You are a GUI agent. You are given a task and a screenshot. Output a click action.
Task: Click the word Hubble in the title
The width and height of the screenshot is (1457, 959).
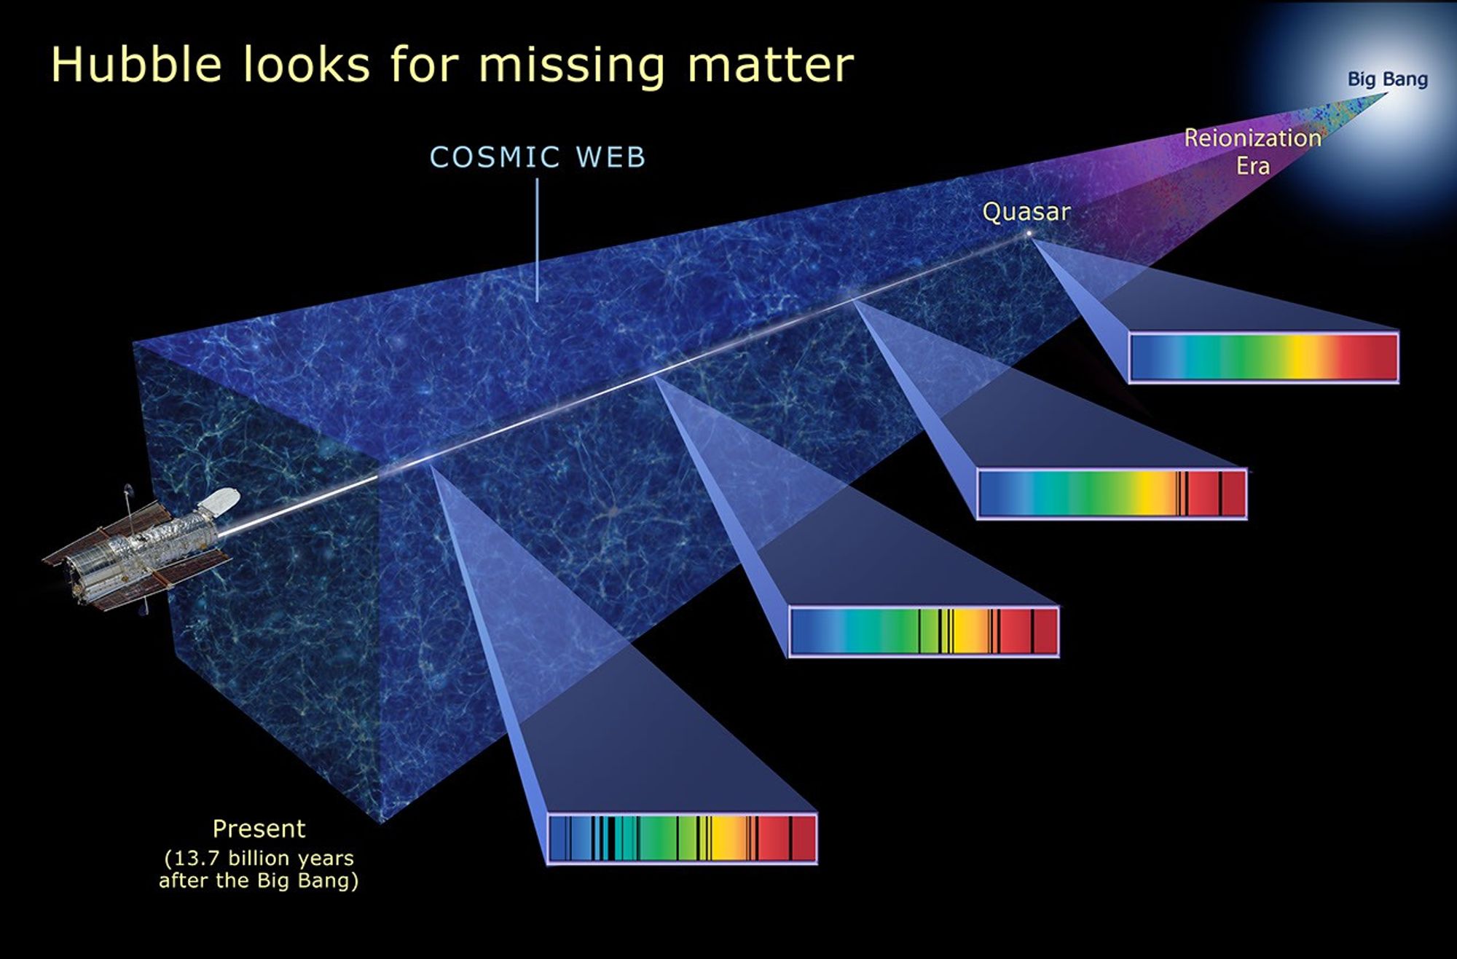coord(136,65)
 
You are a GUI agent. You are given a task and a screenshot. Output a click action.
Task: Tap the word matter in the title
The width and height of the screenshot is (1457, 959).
coord(770,65)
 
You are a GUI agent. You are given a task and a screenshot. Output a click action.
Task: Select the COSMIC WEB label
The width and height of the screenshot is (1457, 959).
coord(538,157)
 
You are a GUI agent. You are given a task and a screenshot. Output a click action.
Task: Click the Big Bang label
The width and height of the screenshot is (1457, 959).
coord(1387,79)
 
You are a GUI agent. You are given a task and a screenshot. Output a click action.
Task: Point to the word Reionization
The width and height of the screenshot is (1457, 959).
coord(1252,138)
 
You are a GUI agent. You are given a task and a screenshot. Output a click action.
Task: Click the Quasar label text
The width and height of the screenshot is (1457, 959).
coord(1026,212)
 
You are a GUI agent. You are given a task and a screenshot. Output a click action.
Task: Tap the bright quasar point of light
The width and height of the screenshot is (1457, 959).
coord(1029,233)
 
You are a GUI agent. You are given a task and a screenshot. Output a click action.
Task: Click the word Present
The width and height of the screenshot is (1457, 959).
coord(259,829)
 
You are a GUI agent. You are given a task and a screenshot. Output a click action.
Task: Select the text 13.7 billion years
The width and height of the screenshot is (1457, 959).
coord(259,858)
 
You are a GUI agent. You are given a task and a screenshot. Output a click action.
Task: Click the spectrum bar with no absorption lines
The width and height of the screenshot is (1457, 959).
coord(1263,357)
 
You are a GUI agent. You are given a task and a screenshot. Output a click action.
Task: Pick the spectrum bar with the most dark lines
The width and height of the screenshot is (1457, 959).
coord(682,838)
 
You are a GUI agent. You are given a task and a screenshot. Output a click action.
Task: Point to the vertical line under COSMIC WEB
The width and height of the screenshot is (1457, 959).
coord(538,240)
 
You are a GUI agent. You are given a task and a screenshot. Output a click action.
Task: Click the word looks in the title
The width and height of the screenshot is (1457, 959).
coord(307,65)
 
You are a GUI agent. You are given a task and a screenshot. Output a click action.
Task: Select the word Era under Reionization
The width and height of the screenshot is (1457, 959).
coord(1252,166)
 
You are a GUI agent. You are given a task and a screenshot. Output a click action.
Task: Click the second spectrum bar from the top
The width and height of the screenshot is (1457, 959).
coord(1112,493)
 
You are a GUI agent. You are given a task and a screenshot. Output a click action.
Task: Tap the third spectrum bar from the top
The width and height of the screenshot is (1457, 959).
coord(924,631)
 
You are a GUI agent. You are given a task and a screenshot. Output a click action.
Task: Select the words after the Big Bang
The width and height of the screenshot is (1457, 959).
coord(259,880)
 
